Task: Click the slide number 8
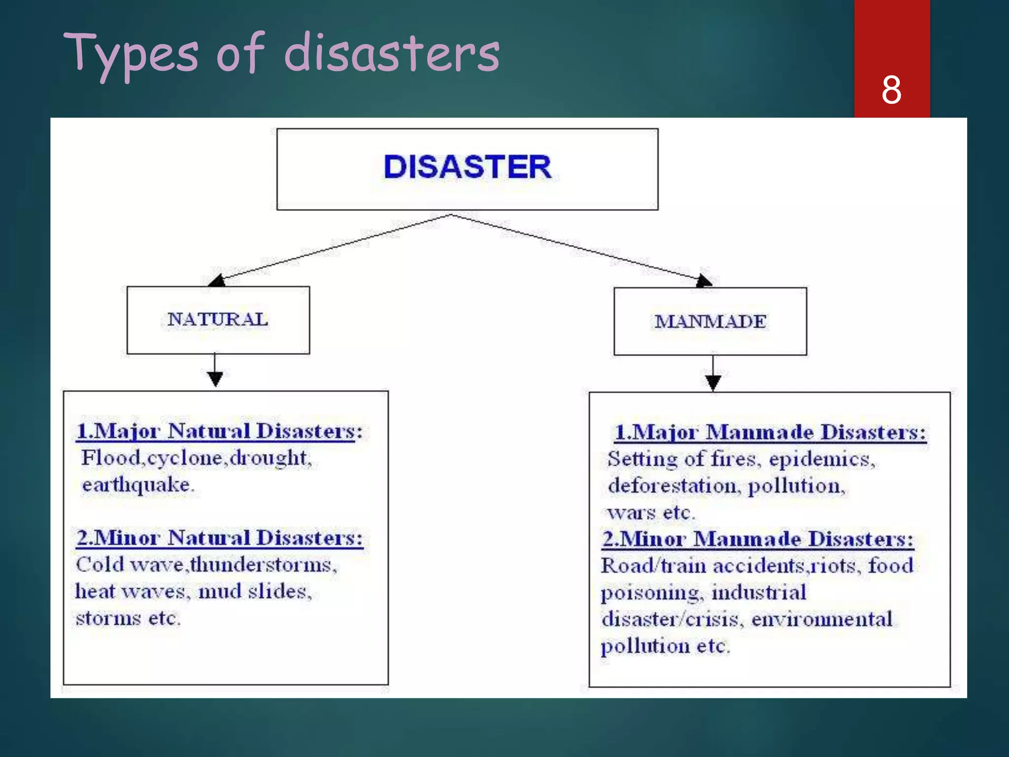coord(891,90)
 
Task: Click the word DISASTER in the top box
coord(467,167)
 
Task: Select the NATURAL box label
coord(218,319)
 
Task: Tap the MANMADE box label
coord(710,321)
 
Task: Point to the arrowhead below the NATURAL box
coord(215,379)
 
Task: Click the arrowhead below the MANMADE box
coord(713,382)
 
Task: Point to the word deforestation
coord(673,486)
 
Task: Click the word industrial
coord(759,592)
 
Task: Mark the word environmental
coord(822,619)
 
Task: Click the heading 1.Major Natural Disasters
coord(219,431)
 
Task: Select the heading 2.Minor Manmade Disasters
coord(758,539)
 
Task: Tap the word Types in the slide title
coord(131,53)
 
